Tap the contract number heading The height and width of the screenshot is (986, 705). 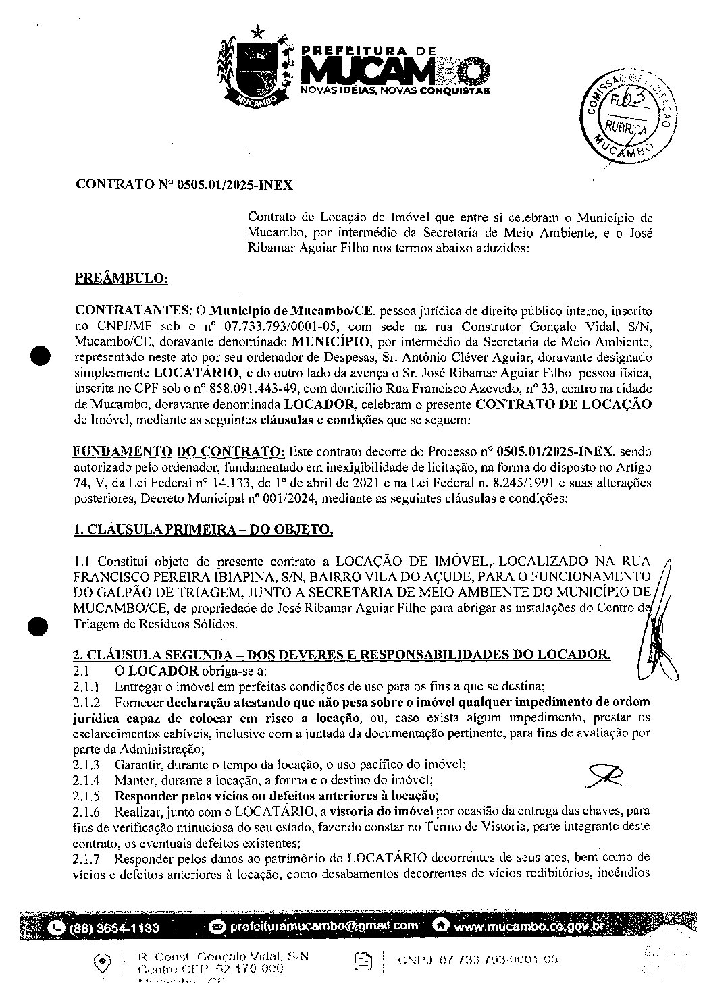(184, 184)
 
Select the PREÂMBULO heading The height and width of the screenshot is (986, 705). (121, 277)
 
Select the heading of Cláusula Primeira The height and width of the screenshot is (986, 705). (203, 530)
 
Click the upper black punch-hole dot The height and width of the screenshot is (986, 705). (42, 356)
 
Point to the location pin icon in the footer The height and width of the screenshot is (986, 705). (102, 961)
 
